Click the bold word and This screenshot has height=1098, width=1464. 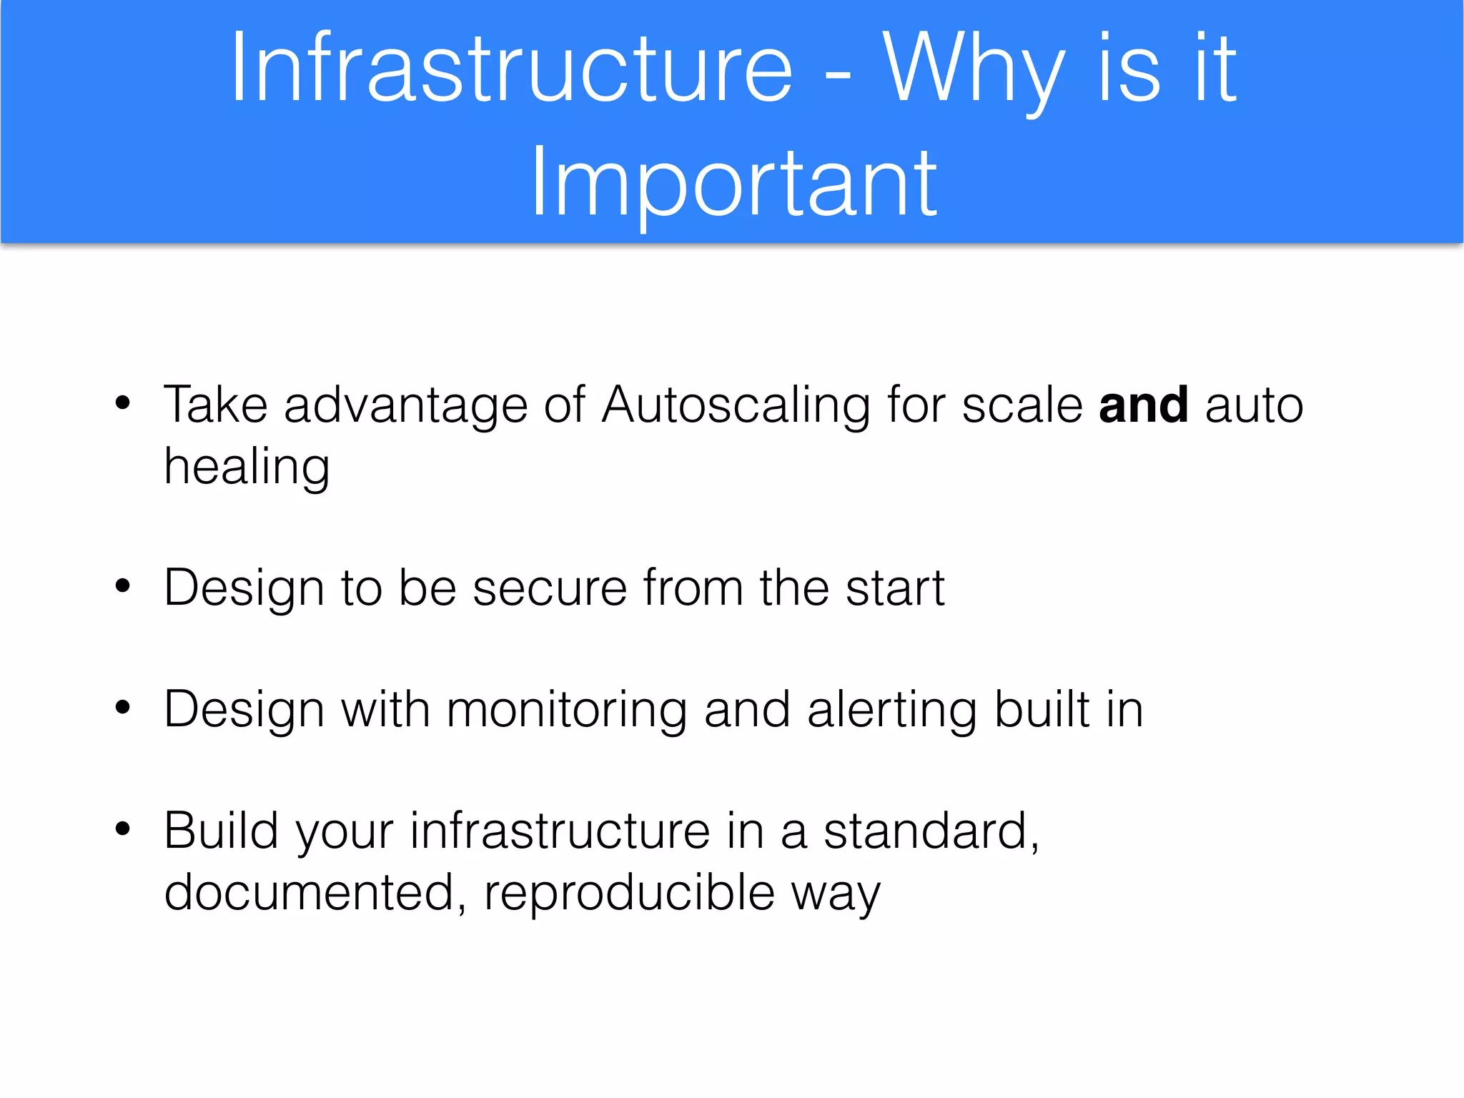[1144, 405]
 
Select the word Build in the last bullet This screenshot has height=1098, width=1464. [221, 831]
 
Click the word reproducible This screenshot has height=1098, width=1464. [629, 894]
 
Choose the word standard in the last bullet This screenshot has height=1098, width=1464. [925, 831]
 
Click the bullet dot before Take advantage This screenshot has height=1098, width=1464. [123, 403]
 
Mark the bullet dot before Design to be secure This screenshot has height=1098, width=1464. [123, 586]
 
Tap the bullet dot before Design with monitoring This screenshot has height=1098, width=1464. [123, 708]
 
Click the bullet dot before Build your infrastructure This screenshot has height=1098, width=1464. [123, 829]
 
